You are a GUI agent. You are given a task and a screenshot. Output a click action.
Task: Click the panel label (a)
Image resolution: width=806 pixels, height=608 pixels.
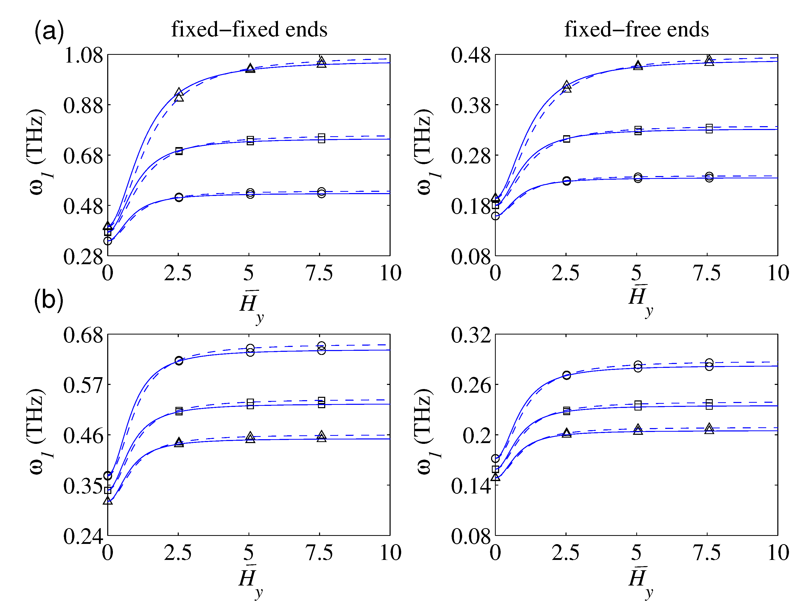(x=49, y=31)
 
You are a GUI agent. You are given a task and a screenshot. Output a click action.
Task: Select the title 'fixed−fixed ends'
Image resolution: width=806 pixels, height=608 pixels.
(x=249, y=29)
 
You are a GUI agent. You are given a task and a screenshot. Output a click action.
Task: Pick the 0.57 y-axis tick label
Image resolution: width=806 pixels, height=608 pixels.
(x=83, y=385)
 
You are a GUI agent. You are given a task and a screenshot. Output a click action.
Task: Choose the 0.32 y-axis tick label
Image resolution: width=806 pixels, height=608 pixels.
(x=471, y=335)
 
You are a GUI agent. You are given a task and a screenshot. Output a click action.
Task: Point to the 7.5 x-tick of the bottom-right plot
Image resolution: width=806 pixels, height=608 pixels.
(x=707, y=553)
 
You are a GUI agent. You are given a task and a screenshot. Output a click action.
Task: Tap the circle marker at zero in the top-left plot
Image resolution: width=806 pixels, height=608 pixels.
(x=107, y=241)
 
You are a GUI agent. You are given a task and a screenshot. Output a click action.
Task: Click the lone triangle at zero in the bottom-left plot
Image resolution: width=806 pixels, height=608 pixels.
(x=107, y=501)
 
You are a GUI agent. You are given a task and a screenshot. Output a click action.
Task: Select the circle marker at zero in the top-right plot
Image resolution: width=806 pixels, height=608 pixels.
(x=495, y=216)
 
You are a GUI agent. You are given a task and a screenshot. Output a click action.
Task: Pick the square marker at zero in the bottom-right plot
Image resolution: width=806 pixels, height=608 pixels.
(x=495, y=469)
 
